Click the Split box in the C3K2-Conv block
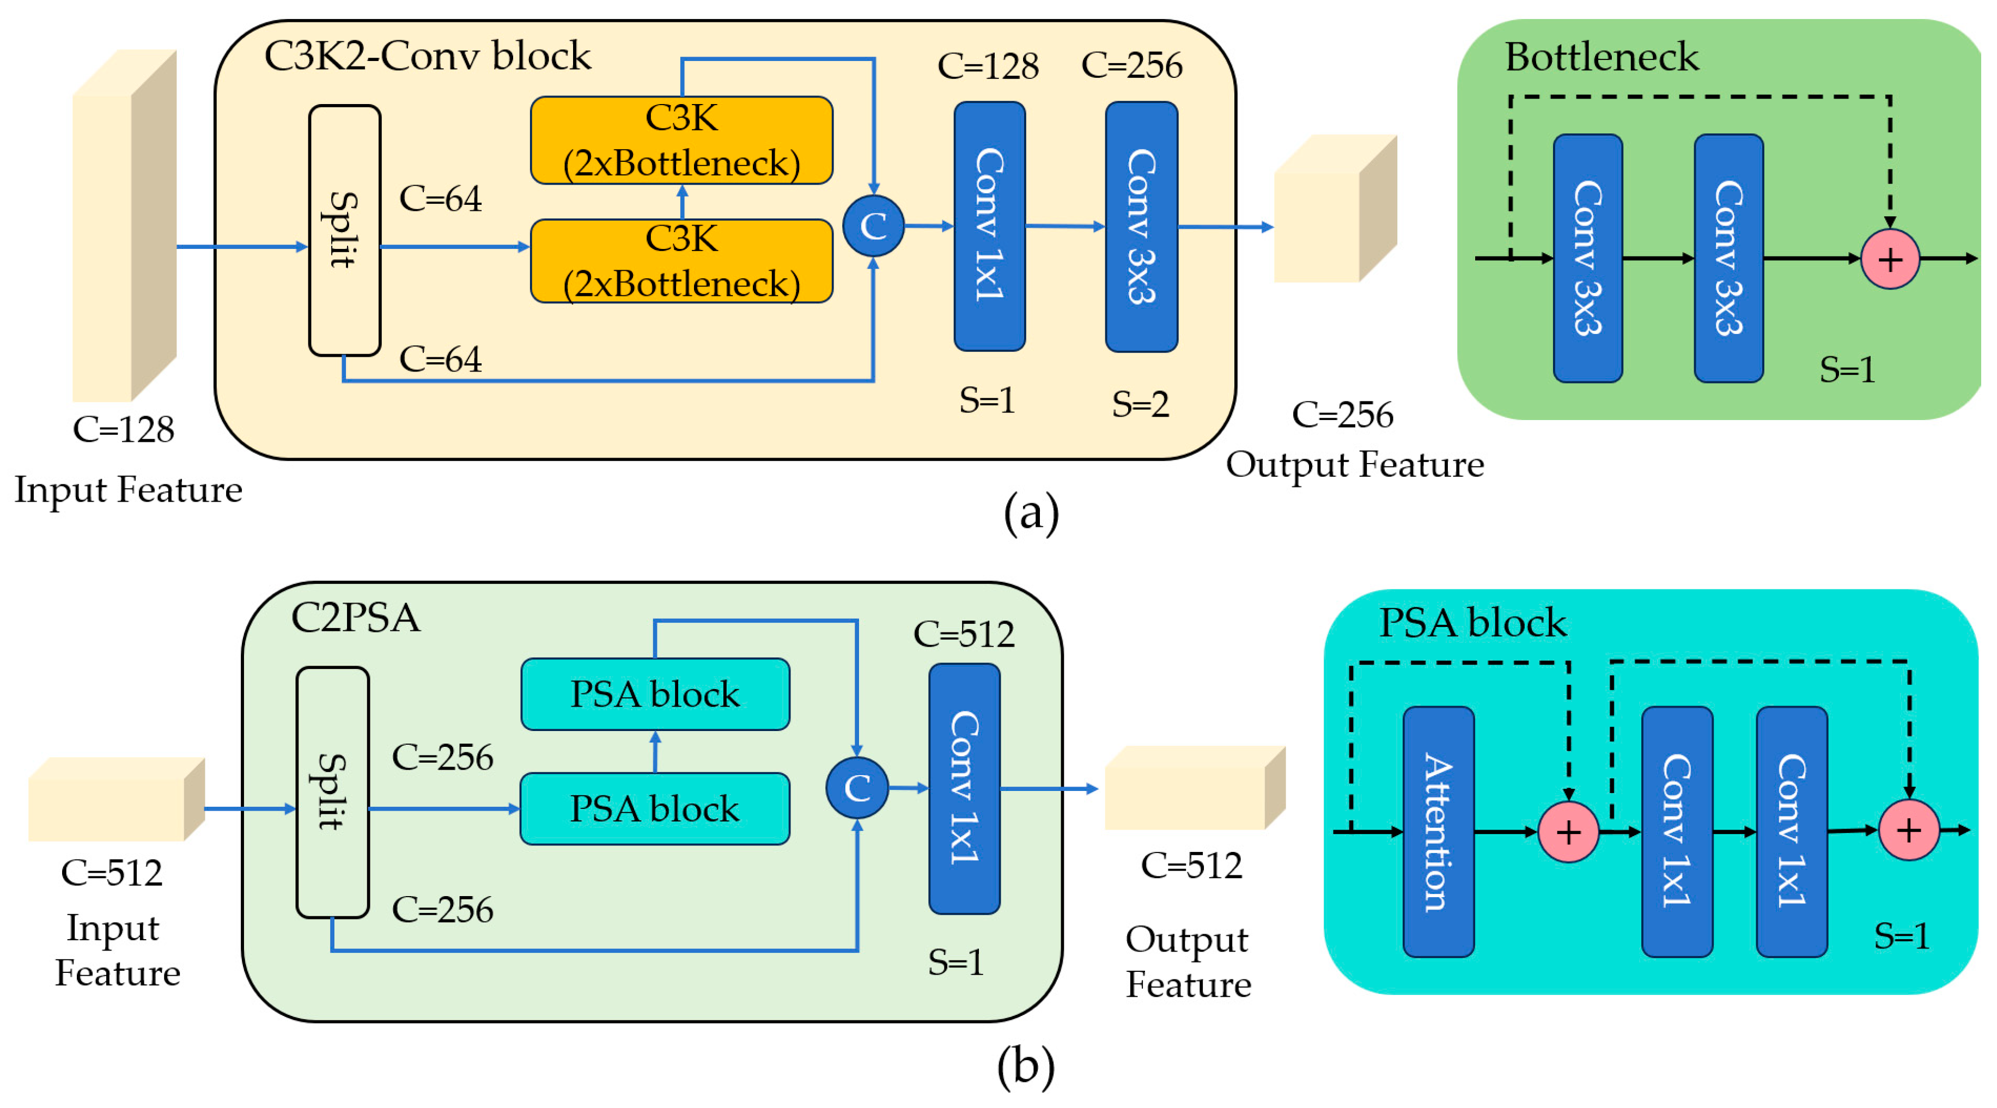(344, 230)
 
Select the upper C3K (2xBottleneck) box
(681, 141)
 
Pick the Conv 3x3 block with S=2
(1141, 227)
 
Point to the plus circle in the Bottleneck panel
(1890, 259)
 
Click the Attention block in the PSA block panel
(1438, 831)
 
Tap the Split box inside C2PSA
(333, 792)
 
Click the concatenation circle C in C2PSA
(857, 788)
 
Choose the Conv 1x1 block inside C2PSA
(964, 788)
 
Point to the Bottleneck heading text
(1602, 57)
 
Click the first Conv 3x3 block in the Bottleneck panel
(1588, 258)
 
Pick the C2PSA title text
(356, 618)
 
